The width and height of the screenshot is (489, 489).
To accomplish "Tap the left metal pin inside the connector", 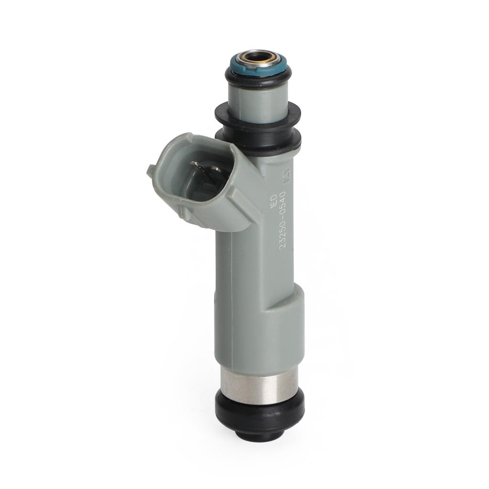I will pos(196,165).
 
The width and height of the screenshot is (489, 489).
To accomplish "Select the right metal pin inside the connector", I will pos(215,169).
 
